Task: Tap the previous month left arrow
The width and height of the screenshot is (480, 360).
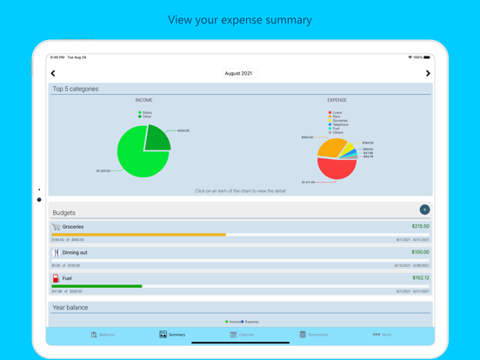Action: [x=53, y=74]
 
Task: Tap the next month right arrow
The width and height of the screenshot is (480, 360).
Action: [x=427, y=74]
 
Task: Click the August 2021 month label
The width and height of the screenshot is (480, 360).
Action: [x=238, y=74]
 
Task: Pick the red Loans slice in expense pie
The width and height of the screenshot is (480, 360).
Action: [x=336, y=168]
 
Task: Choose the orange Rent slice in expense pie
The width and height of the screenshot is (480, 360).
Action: [x=330, y=147]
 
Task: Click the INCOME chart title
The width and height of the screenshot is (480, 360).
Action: [x=143, y=100]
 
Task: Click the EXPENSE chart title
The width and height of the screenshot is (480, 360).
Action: [x=337, y=100]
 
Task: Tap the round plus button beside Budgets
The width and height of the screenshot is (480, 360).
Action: [x=424, y=210]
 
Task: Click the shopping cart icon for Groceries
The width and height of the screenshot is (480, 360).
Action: [x=57, y=227]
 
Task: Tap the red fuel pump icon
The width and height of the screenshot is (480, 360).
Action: [x=57, y=278]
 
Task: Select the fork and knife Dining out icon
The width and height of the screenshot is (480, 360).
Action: [x=57, y=253]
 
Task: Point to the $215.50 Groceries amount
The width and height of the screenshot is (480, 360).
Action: [x=420, y=226]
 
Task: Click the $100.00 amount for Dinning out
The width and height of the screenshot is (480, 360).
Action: [x=420, y=252]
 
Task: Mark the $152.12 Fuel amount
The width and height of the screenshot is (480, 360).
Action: [x=420, y=278]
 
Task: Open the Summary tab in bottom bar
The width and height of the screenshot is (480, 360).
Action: [x=172, y=334]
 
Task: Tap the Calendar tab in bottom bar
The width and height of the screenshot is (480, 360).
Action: [x=242, y=334]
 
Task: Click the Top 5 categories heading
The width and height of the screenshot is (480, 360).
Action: [x=76, y=89]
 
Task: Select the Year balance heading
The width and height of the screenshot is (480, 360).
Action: [x=70, y=307]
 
